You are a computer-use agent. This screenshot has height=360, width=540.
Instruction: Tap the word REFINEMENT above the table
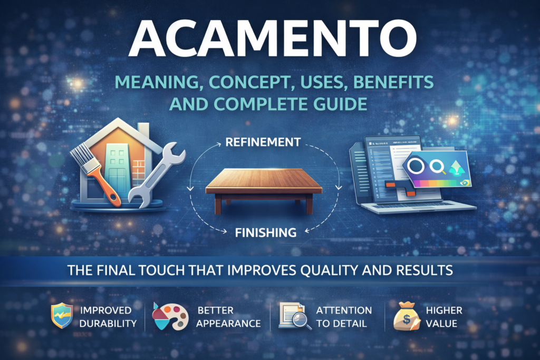[x=263, y=142]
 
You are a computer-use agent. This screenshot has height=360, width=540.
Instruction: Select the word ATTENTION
[x=343, y=310]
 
